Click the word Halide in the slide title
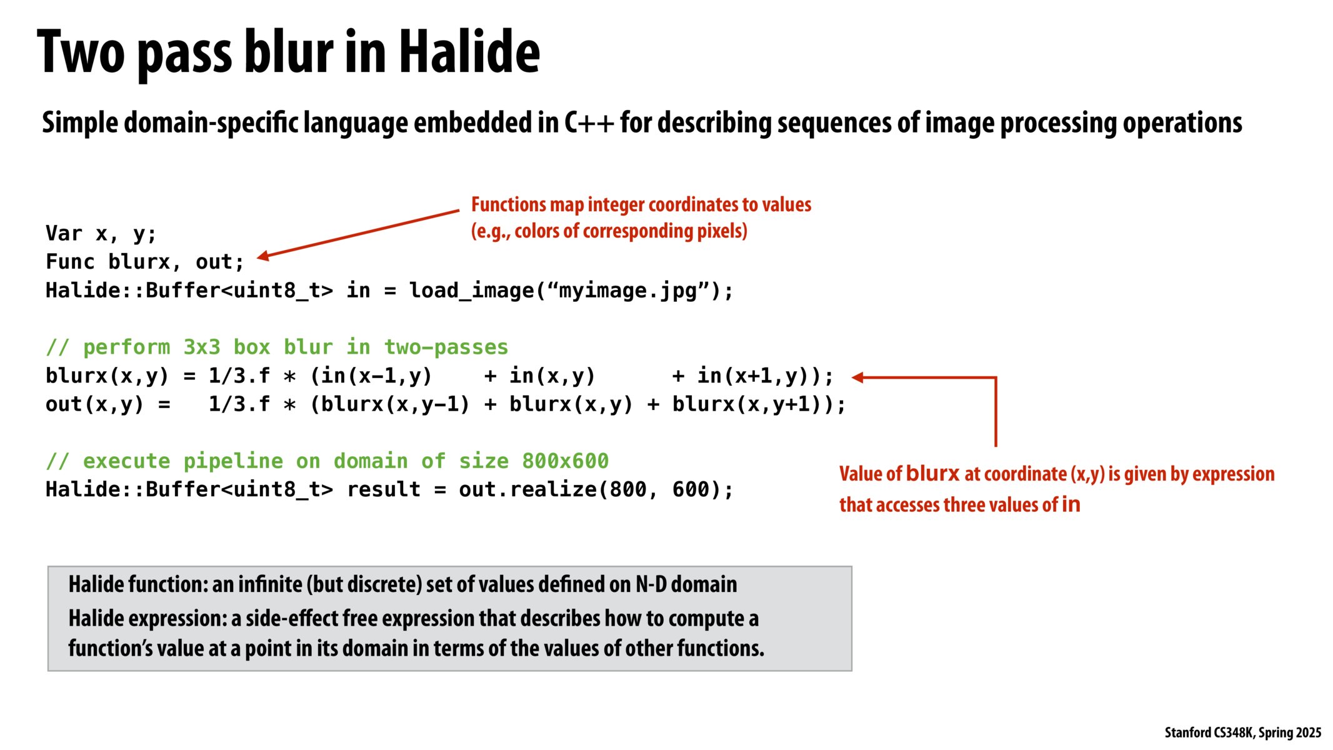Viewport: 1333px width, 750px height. pyautogui.click(x=469, y=52)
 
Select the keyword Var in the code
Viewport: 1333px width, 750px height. pyautogui.click(x=64, y=234)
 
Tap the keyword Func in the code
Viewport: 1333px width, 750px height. pyautogui.click(x=70, y=262)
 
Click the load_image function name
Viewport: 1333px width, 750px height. pyautogui.click(x=471, y=291)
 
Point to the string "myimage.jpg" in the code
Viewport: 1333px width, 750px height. pyautogui.click(x=627, y=291)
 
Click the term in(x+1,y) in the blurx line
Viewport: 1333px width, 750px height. pyautogui.click(x=752, y=376)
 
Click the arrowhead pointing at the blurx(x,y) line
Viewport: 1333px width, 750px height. pyautogui.click(x=857, y=377)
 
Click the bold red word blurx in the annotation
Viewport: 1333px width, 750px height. pyautogui.click(x=932, y=474)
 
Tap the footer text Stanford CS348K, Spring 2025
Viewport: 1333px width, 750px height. pyautogui.click(x=1242, y=732)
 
